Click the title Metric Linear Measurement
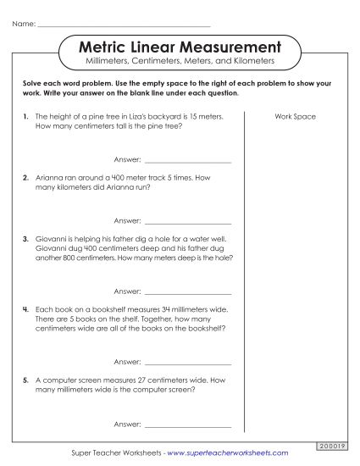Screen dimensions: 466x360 click(180, 46)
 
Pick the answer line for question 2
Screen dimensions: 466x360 click(188, 221)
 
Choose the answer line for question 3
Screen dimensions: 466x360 click(188, 292)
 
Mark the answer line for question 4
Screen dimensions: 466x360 click(188, 363)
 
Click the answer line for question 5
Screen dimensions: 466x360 click(188, 424)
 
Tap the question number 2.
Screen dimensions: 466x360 click(27, 179)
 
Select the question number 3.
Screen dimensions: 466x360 click(27, 240)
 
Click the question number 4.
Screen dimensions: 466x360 click(27, 309)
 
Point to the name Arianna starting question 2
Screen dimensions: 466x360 click(50, 179)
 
